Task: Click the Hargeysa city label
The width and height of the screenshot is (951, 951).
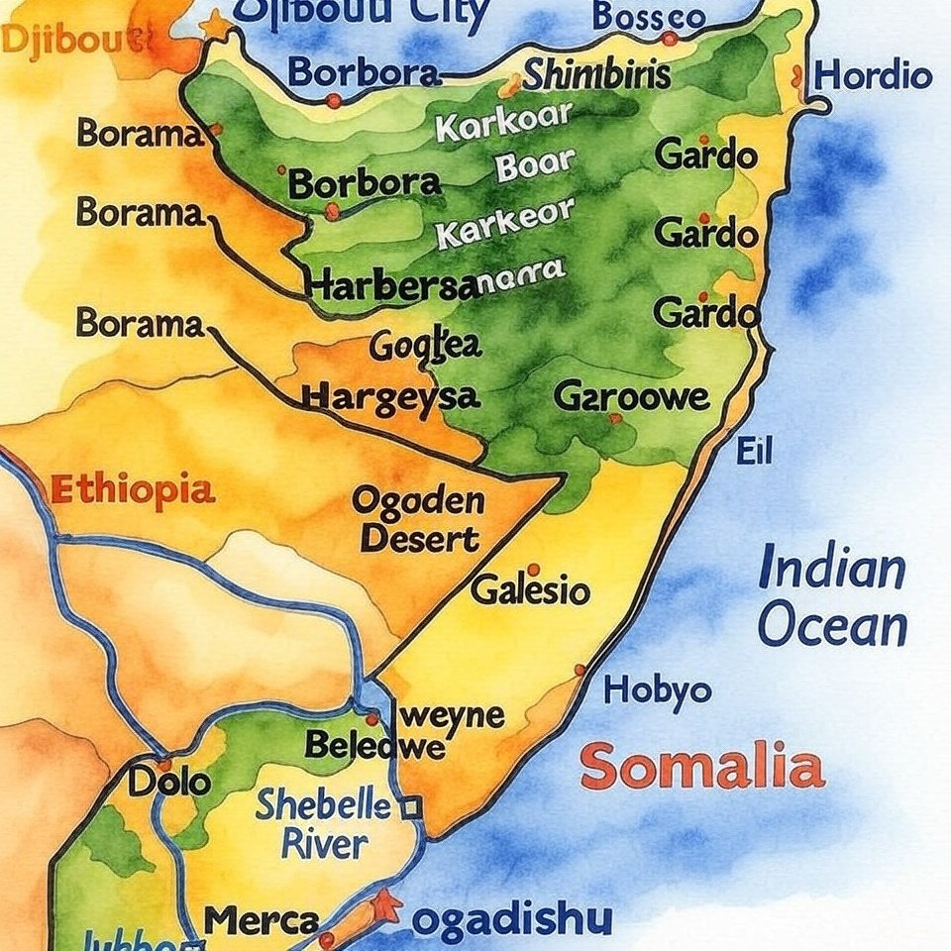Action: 390,397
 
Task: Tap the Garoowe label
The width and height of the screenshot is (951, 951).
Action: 631,397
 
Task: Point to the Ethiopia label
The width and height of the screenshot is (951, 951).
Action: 131,490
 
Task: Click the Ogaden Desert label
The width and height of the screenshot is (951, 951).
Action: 419,520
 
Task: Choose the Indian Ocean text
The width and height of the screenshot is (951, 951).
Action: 832,598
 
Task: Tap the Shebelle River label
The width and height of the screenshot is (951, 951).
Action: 323,824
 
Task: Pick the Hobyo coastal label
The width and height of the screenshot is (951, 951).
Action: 657,689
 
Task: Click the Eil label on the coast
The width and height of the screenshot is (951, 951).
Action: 754,452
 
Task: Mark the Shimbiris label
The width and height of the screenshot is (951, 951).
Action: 596,75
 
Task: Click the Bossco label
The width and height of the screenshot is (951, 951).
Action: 649,16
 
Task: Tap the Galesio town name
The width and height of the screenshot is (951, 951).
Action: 530,591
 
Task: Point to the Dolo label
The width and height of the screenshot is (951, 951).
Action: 169,782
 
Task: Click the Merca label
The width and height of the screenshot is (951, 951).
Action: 262,919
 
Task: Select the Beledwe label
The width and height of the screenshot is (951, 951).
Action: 374,745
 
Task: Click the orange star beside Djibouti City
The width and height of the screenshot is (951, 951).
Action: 214,24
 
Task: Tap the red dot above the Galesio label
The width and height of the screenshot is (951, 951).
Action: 533,570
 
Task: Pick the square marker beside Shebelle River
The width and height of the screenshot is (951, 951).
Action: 411,808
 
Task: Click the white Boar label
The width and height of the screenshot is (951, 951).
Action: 535,165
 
